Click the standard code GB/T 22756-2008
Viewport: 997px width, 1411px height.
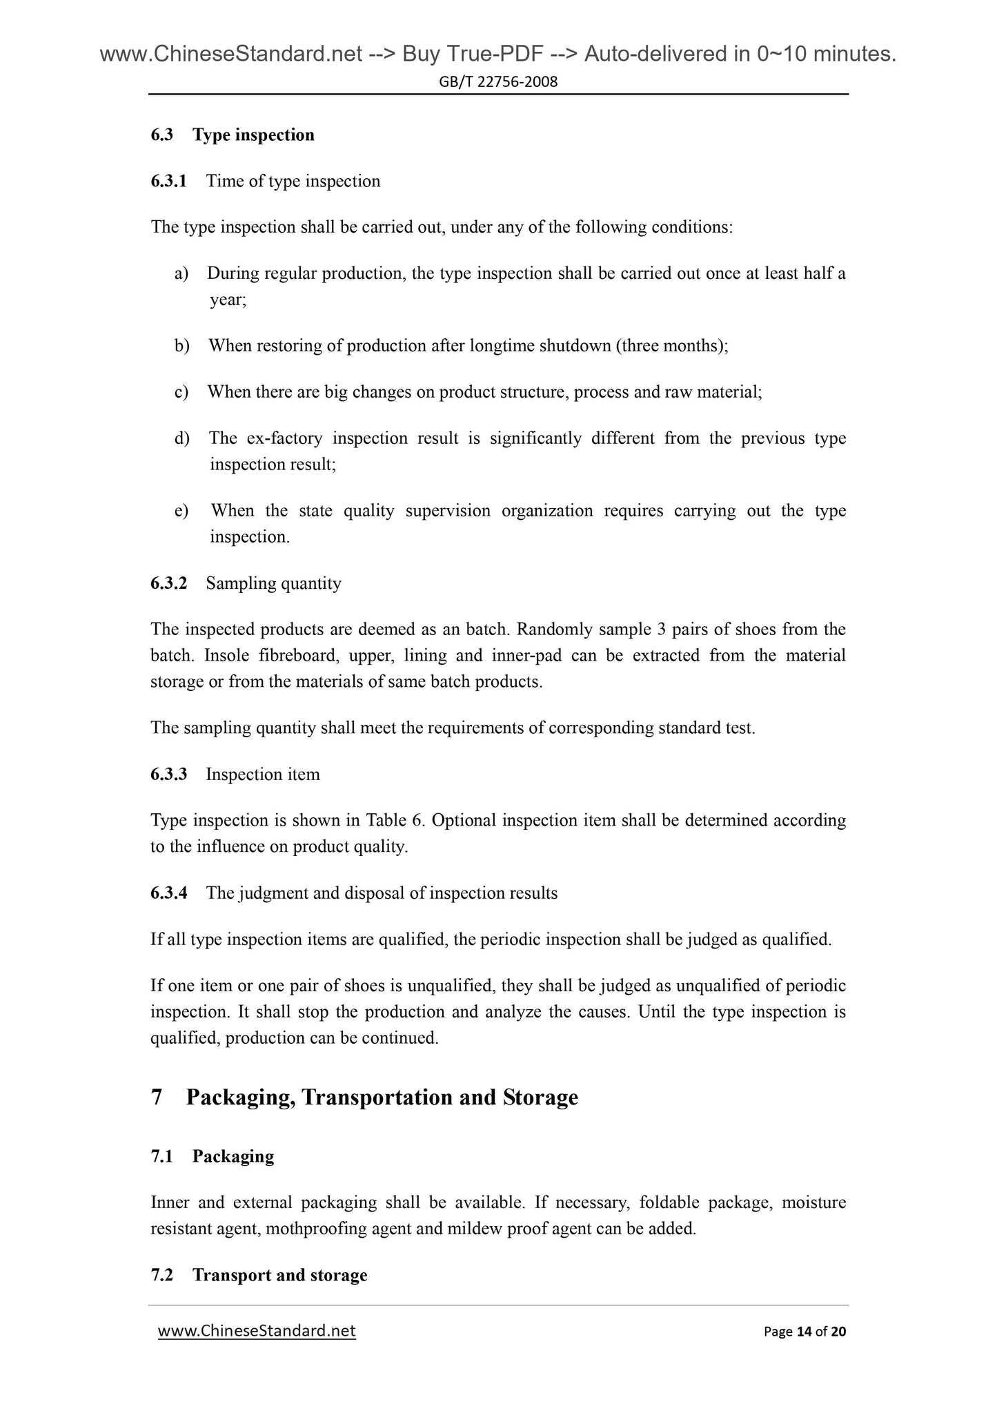point(498,83)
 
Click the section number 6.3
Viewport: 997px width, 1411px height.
point(161,135)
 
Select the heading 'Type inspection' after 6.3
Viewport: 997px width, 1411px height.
point(253,135)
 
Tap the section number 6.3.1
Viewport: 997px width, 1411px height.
point(168,182)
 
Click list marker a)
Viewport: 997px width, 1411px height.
point(181,274)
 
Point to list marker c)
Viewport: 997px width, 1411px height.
point(181,393)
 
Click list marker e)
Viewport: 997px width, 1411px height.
point(181,512)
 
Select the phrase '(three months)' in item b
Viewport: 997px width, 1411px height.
point(671,346)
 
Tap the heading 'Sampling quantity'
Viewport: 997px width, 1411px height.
point(273,584)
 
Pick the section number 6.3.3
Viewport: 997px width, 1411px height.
point(168,775)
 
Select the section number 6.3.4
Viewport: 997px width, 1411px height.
point(168,894)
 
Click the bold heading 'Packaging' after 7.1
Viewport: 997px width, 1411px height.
point(233,1157)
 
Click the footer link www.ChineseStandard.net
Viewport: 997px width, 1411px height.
point(257,1332)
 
